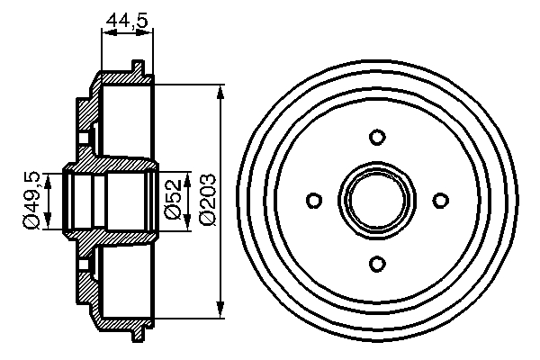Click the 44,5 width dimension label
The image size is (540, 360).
coord(126,18)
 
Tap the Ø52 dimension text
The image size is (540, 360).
coord(174,198)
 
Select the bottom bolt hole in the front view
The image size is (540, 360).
coord(377,262)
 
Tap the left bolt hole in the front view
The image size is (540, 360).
coord(314,199)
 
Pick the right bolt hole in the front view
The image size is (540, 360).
coord(440,199)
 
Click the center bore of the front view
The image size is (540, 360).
coord(377,199)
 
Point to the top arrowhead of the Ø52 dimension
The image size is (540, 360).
coord(187,174)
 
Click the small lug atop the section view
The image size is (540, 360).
coord(137,67)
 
